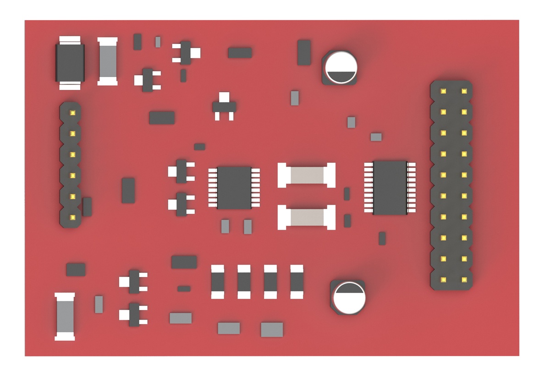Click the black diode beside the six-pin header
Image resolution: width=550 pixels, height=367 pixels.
pos(70,62)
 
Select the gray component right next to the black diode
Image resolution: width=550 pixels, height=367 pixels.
pos(108,61)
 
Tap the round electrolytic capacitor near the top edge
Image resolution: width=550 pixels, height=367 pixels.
pos(341,67)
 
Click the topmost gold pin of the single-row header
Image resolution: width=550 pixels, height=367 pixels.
pos(72,112)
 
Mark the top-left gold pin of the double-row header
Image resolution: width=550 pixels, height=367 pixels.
pos(443,91)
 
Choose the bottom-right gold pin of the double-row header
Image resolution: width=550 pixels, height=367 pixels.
pos(464,279)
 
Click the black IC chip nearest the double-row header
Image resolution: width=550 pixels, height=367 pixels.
pos(390,188)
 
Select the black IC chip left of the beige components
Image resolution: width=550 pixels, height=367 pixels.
pos(234,188)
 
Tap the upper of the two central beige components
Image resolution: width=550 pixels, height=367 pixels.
pos(307,175)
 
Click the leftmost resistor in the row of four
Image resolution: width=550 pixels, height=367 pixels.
pos(218,282)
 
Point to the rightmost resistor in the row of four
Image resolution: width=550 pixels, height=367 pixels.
pos(297,282)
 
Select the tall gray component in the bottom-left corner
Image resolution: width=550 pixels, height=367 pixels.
pos(65,317)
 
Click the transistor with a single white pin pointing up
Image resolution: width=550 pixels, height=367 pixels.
pos(224,106)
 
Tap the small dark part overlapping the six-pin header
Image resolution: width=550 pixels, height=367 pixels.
pos(87,207)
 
